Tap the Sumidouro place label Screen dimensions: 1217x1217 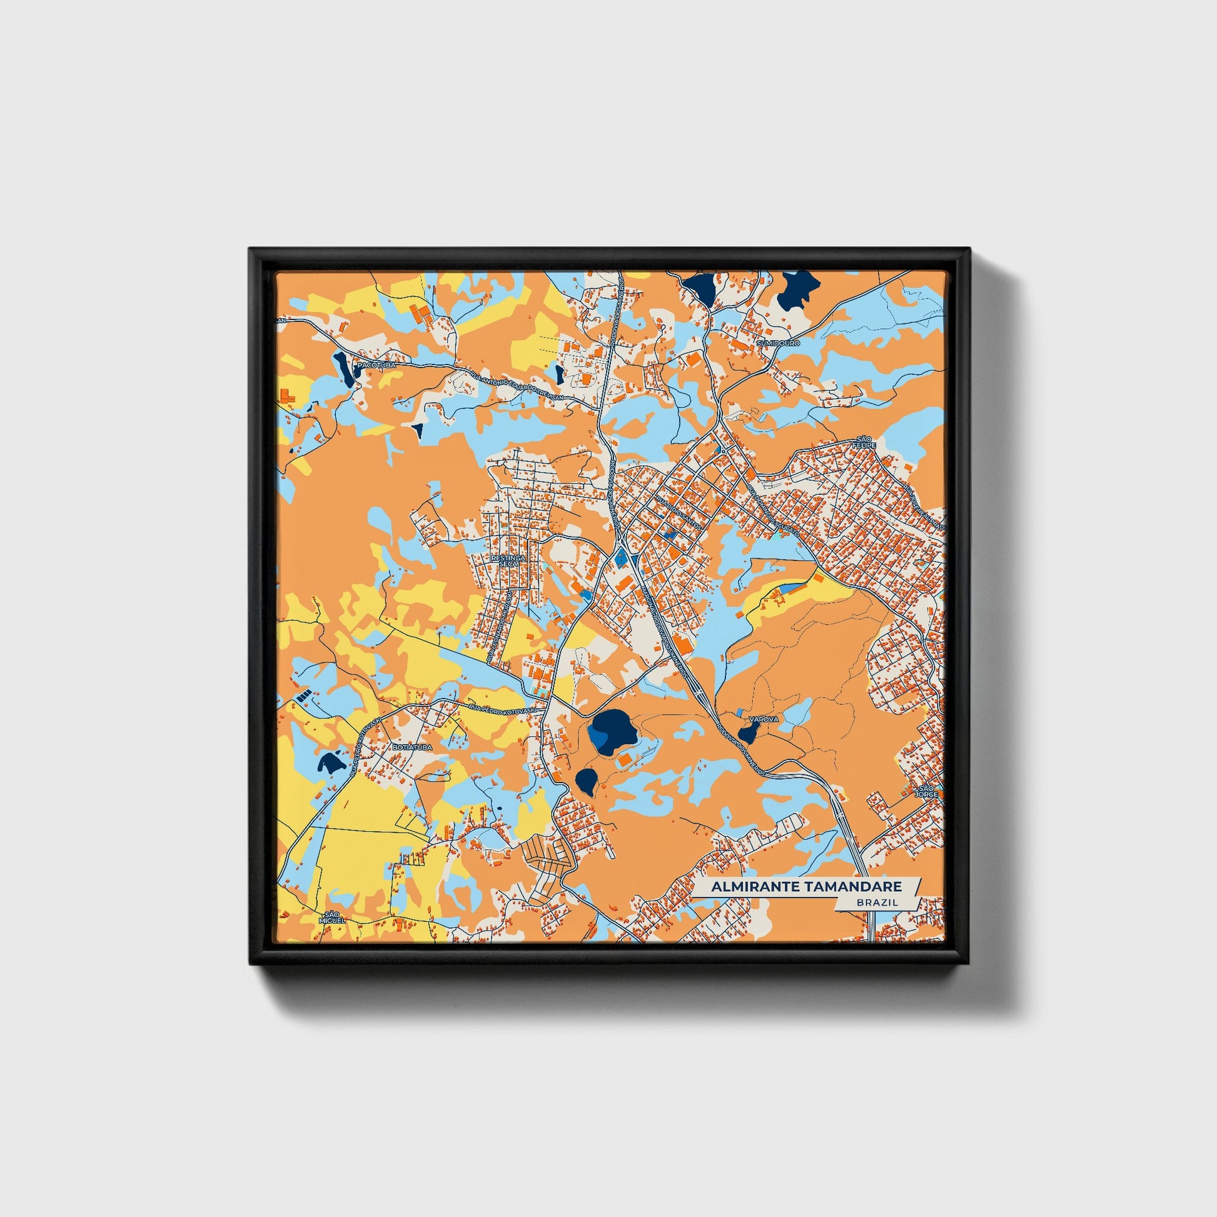point(779,343)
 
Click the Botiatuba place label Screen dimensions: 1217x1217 point(412,747)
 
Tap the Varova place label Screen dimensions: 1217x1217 point(764,719)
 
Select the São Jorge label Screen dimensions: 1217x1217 point(927,792)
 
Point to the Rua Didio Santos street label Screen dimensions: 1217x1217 point(678,512)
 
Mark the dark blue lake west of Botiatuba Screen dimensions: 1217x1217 point(331,763)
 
